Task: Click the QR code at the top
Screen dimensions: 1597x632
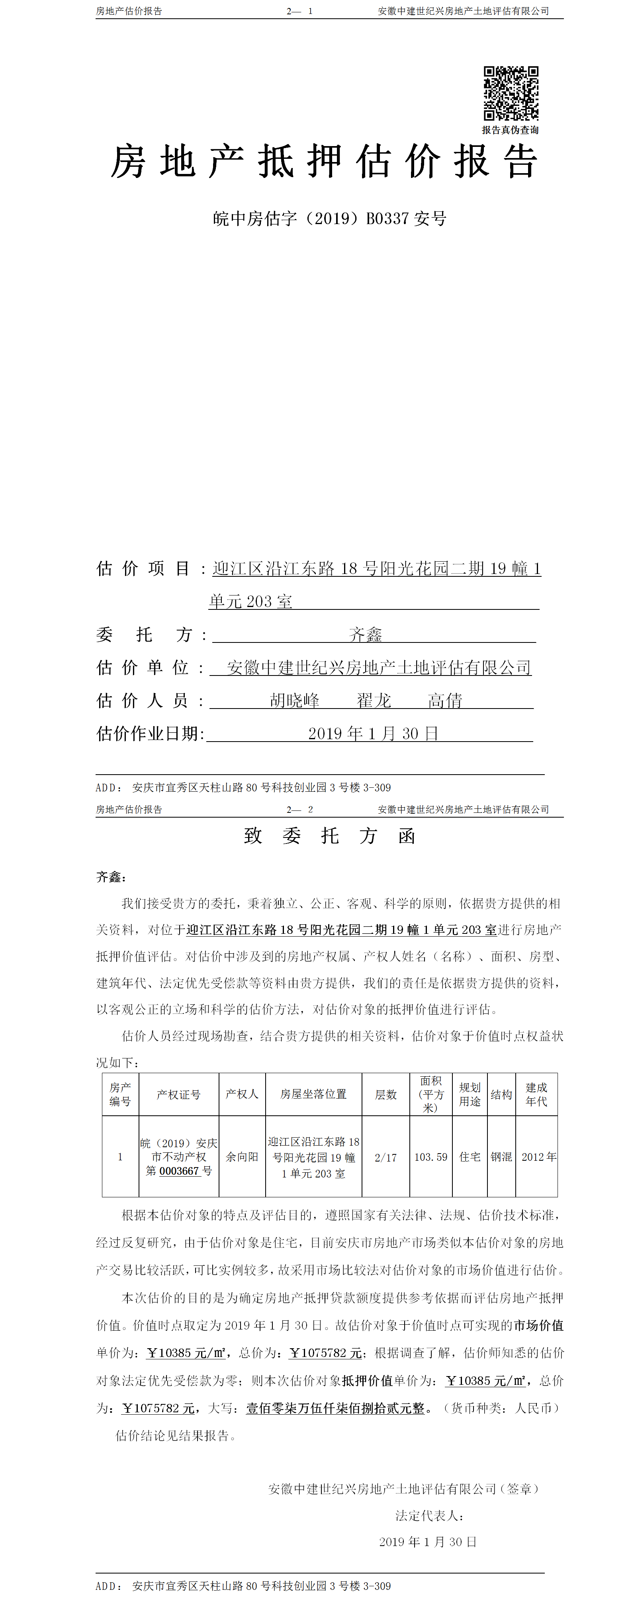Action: point(511,93)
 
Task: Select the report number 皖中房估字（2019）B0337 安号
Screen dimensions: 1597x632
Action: point(329,218)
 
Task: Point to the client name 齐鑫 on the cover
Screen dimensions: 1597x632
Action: point(365,634)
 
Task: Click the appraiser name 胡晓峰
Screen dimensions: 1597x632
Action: point(295,701)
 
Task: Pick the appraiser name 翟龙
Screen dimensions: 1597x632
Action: point(374,701)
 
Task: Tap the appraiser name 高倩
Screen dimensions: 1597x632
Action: point(445,701)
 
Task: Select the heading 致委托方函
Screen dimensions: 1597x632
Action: point(329,836)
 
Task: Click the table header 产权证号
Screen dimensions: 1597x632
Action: point(179,1094)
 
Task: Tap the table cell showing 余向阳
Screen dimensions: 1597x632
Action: point(242,1157)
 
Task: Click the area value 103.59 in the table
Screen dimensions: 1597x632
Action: point(430,1157)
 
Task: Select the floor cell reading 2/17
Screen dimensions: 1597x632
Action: point(386,1157)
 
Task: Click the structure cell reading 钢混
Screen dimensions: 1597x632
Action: point(501,1157)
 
